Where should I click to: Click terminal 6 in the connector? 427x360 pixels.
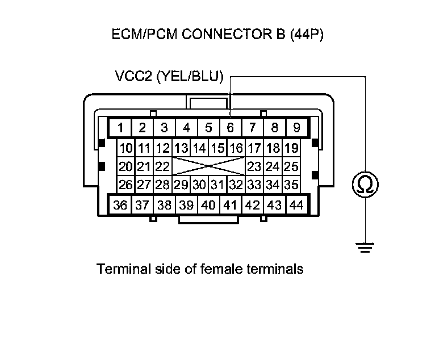[x=231, y=127]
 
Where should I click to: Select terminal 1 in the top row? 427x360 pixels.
[x=120, y=127]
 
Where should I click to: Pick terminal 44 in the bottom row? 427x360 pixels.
[x=296, y=205]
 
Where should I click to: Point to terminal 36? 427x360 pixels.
[x=120, y=205]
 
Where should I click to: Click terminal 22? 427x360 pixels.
[x=163, y=167]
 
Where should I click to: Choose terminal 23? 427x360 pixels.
[x=255, y=167]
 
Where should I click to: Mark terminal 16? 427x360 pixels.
[x=236, y=149]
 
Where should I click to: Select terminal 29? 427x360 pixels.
[x=181, y=185]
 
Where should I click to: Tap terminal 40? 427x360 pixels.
[x=208, y=205]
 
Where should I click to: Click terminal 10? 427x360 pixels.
[x=126, y=149]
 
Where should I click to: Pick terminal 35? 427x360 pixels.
[x=291, y=185]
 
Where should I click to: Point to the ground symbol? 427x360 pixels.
[x=365, y=246]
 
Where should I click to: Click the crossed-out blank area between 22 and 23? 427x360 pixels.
[x=208, y=167]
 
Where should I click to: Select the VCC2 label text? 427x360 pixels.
[x=132, y=76]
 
